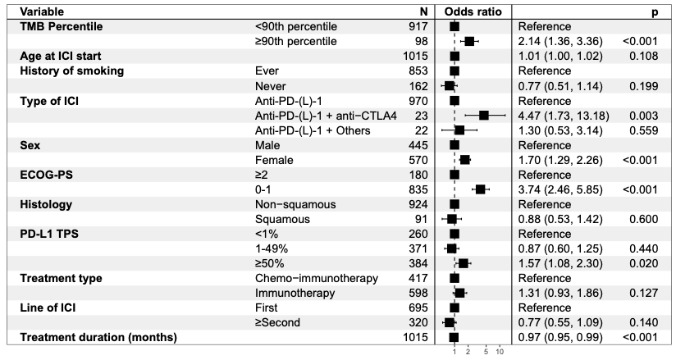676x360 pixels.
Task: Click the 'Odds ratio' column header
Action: pyautogui.click(x=473, y=11)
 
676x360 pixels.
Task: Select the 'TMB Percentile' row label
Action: pyautogui.click(x=62, y=27)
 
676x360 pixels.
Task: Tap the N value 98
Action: pyautogui.click(x=419, y=41)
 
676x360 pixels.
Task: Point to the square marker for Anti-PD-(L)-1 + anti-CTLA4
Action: pyautogui.click(x=484, y=116)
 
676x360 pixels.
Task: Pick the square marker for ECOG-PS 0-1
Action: pyautogui.click(x=480, y=189)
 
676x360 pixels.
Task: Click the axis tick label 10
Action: pyautogui.click(x=500, y=352)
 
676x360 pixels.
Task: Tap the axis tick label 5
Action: pyautogui.click(x=486, y=352)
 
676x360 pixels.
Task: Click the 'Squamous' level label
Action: pyautogui.click(x=282, y=219)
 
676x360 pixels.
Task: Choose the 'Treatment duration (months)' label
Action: pyautogui.click(x=98, y=337)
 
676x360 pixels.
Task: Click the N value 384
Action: pyautogui.click(x=418, y=263)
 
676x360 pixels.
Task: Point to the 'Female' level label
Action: pyautogui.click(x=274, y=160)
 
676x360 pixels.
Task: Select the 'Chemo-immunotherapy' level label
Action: pyautogui.click(x=317, y=279)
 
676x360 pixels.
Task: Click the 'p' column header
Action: pyautogui.click(x=655, y=12)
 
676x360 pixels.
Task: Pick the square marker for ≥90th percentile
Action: pyautogui.click(x=469, y=41)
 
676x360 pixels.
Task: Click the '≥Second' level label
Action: pyautogui.click(x=277, y=322)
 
